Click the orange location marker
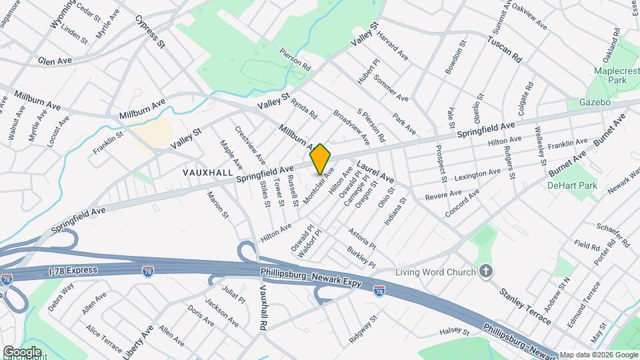coord(320,159)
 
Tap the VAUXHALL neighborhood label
coord(207,172)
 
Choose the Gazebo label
coord(595,103)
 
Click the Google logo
coord(22,351)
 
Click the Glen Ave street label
coord(55,61)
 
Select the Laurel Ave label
coord(375,172)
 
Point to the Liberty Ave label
coord(138,341)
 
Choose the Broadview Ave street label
coord(351,127)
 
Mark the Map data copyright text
coord(599,355)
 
